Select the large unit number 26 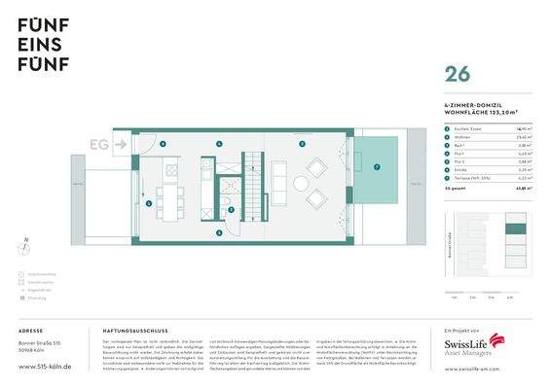pyautogui.click(x=459, y=74)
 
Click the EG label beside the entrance pyautogui.click(x=97, y=145)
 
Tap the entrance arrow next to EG pyautogui.click(x=119, y=145)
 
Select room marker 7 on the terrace pyautogui.click(x=377, y=166)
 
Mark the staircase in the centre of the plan pyautogui.click(x=253, y=184)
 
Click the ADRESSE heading pyautogui.click(x=31, y=331)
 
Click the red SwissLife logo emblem pyautogui.click(x=496, y=340)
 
